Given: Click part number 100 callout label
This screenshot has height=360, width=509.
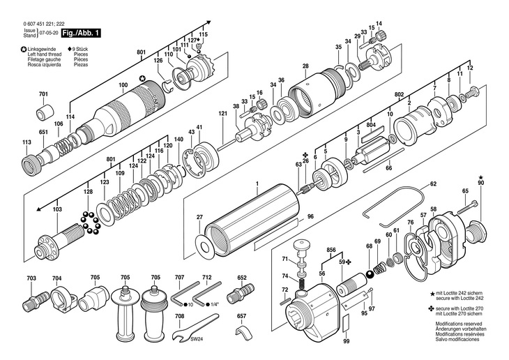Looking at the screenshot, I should pyautogui.click(x=123, y=86).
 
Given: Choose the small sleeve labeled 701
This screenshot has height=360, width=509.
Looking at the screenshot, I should pyautogui.click(x=45, y=112).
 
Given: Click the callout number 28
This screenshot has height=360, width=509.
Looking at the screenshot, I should pyautogui.click(x=305, y=66).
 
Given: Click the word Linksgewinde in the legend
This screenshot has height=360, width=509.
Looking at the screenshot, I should pyautogui.click(x=43, y=49).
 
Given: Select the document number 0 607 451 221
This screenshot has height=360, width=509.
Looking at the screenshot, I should pyautogui.click(x=39, y=24).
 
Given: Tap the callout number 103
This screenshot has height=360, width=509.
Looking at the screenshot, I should pyautogui.click(x=56, y=209).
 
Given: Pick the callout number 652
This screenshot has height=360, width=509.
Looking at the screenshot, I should pyautogui.click(x=242, y=277).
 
